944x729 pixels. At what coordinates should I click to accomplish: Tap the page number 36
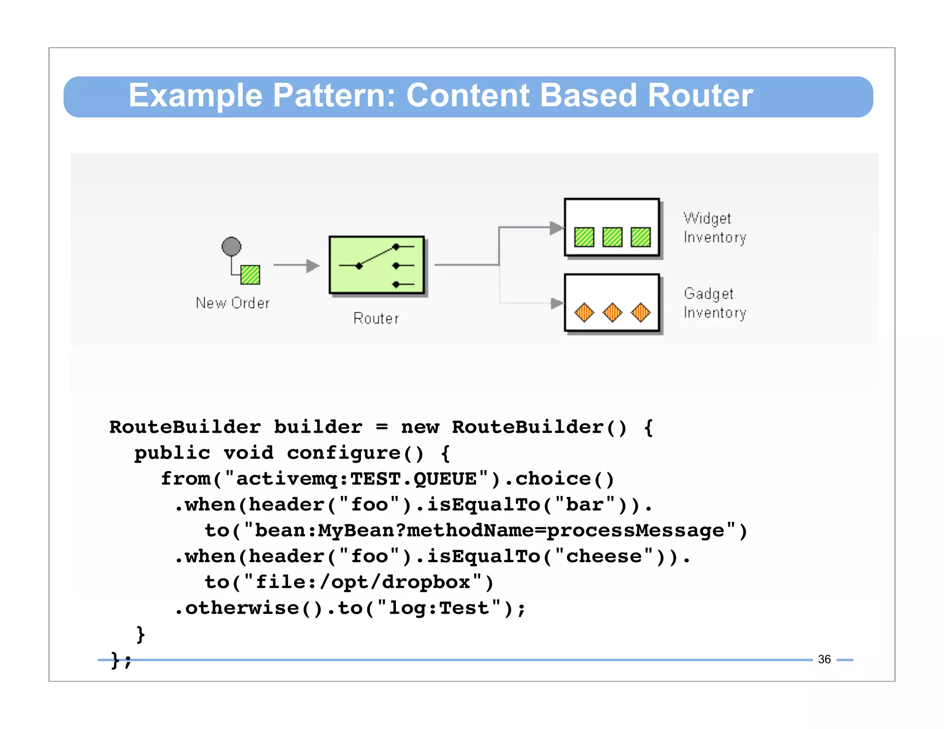tap(824, 659)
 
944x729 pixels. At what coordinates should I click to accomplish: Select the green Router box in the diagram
tap(376, 265)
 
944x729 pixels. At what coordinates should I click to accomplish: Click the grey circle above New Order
tap(231, 247)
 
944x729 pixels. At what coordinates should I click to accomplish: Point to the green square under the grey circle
tap(250, 275)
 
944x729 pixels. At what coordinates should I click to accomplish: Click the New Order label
tap(233, 303)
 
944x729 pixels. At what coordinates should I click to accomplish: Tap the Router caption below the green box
tap(376, 318)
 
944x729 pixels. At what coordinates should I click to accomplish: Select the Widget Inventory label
tap(714, 228)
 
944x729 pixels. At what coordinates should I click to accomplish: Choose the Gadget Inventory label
tap(714, 303)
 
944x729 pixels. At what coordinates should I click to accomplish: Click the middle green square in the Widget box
tap(612, 237)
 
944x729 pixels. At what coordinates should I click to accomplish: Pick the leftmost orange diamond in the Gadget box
tap(584, 312)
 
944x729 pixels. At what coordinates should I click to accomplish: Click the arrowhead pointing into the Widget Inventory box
tap(557, 228)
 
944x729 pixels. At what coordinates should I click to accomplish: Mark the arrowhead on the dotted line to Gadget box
tap(557, 303)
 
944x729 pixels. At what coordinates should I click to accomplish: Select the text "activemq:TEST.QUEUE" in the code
tap(356, 479)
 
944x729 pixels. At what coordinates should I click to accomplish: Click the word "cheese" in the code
tap(603, 557)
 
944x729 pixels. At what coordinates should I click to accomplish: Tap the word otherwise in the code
tap(242, 608)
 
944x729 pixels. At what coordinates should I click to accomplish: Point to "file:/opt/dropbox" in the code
tap(362, 582)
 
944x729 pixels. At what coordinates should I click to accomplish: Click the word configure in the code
tap(343, 453)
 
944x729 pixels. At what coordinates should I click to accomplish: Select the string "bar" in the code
tap(584, 505)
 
